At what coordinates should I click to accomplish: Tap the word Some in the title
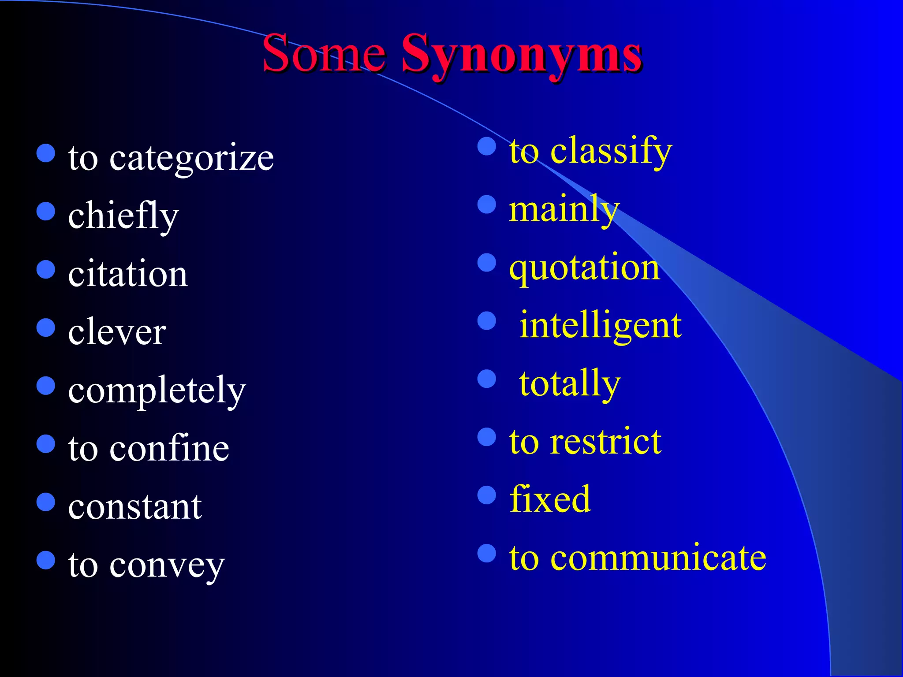click(324, 55)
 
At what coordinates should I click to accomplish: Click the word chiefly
click(123, 216)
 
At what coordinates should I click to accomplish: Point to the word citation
click(128, 274)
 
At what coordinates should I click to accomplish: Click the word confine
click(169, 449)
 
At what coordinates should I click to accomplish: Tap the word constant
click(135, 507)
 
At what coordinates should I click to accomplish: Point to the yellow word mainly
click(564, 210)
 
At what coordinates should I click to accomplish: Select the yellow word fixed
click(550, 500)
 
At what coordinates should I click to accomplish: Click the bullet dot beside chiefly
click(46, 211)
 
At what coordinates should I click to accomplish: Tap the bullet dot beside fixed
click(487, 495)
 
